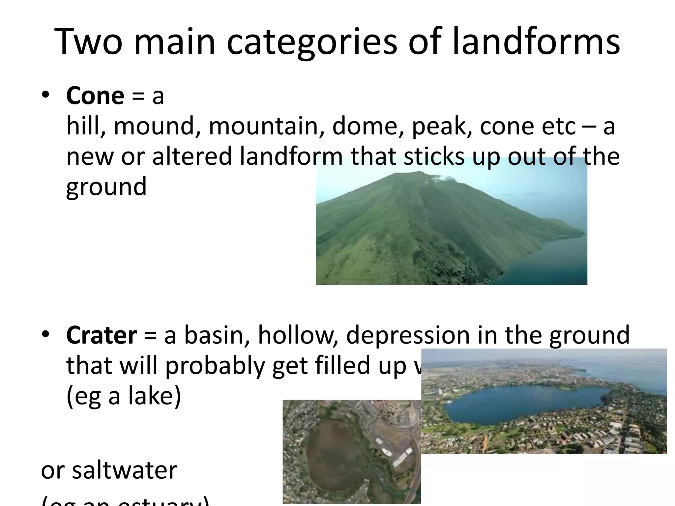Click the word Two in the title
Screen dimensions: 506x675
point(88,42)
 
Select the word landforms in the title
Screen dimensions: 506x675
point(536,42)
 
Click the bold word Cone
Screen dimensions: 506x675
point(95,96)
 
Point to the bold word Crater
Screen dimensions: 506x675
point(102,335)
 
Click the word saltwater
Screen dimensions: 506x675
point(125,470)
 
